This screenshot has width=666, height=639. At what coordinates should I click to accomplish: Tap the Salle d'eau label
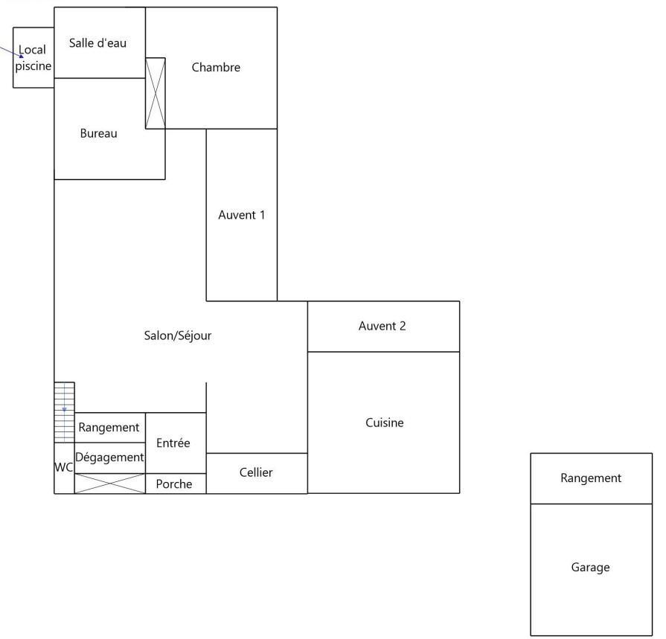click(97, 43)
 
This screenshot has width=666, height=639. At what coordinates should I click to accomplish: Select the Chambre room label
click(216, 68)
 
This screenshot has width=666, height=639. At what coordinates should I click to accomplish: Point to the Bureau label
click(99, 134)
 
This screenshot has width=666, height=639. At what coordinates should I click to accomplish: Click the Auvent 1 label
click(242, 215)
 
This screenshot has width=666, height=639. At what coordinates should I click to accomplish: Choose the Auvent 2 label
click(382, 326)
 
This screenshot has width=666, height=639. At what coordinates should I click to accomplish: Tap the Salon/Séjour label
click(178, 335)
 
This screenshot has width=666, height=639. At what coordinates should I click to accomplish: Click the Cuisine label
click(385, 423)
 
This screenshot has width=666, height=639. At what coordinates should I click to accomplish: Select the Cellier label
click(256, 472)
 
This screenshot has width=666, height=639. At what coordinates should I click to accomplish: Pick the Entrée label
click(173, 443)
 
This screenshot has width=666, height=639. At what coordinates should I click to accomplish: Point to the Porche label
click(174, 484)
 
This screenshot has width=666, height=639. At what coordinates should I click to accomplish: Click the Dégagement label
click(109, 457)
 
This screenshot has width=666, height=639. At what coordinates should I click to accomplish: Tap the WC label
click(64, 468)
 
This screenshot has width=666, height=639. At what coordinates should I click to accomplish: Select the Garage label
click(590, 567)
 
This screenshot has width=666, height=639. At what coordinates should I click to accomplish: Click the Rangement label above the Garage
click(590, 478)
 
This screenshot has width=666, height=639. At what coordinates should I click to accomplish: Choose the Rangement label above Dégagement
click(109, 427)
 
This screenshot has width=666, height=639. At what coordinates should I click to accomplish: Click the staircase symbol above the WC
click(65, 412)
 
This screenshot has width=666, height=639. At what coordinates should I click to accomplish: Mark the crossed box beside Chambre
click(155, 93)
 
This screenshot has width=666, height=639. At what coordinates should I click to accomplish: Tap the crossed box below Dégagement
click(110, 484)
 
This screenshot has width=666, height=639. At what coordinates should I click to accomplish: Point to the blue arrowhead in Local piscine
click(22, 55)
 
